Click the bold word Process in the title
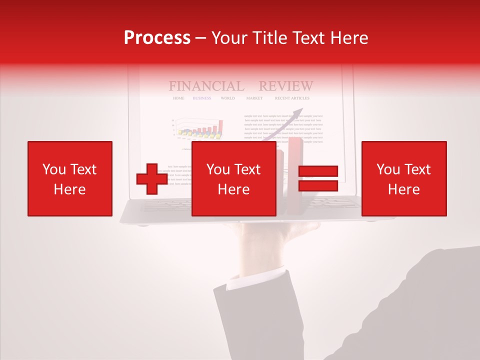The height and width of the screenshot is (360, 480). pos(157,38)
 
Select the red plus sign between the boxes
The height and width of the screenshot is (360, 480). pos(152,179)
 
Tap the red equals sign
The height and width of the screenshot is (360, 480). pos(318,178)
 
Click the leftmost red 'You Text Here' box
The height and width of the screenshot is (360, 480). pos(69,178)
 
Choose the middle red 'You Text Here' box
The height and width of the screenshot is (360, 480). pos(233,178)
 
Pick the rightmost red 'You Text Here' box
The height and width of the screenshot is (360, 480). pos(403,178)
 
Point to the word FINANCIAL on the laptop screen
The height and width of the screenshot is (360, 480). pos(206,86)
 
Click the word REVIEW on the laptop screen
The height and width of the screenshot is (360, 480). pos(285,86)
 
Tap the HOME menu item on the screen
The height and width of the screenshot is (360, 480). pos(178,98)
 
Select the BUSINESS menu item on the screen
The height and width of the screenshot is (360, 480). pos(202,98)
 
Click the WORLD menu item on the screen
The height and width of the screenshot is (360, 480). pos(227,98)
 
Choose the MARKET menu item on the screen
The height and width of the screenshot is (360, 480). pos(254,98)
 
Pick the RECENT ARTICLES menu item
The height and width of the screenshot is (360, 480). pos(292,98)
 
